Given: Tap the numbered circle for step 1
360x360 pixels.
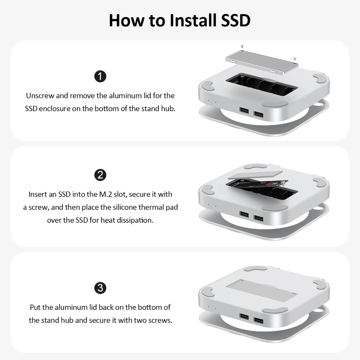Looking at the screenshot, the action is [x=100, y=76].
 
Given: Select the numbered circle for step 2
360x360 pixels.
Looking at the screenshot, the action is [x=100, y=175].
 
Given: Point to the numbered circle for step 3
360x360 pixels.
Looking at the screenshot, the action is [x=100, y=288].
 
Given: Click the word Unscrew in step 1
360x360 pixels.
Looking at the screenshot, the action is [x=40, y=95].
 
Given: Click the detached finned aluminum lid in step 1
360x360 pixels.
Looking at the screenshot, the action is [x=262, y=61].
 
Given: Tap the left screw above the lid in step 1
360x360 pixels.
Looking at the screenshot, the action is [x=242, y=46].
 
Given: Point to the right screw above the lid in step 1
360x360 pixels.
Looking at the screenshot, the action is [x=295, y=59].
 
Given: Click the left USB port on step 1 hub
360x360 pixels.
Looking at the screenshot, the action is [x=244, y=111].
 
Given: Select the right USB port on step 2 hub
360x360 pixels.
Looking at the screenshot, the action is [x=258, y=218].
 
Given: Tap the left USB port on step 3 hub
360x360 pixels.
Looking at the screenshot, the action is [x=244, y=316].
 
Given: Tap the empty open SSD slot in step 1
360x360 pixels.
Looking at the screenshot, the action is [x=262, y=85].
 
